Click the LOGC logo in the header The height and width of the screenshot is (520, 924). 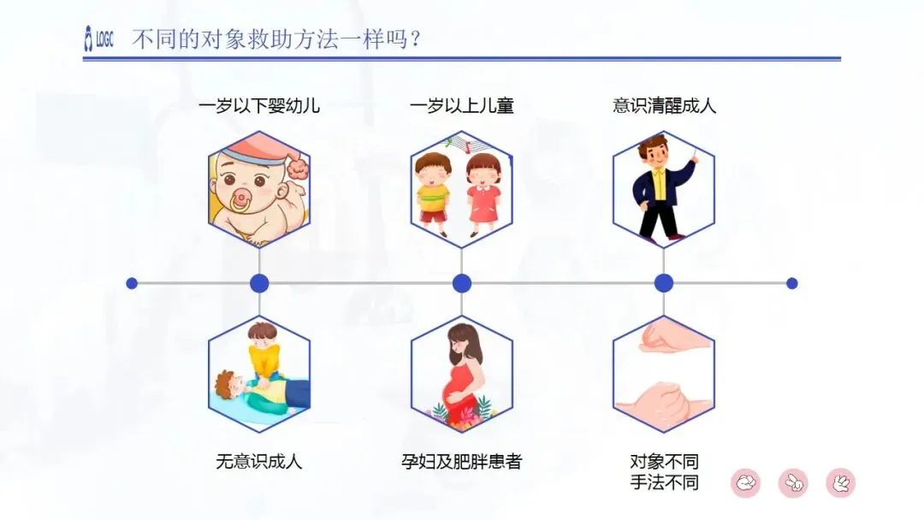click(98, 39)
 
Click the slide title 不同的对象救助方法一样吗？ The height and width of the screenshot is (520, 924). click(277, 39)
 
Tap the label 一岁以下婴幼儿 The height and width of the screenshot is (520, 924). click(259, 106)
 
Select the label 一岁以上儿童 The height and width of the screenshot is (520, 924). click(462, 106)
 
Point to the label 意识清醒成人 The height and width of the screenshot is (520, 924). click(664, 106)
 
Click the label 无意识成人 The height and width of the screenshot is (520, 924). click(259, 462)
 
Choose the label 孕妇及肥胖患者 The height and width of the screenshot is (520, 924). click(462, 462)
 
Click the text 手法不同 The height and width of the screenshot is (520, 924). click(664, 482)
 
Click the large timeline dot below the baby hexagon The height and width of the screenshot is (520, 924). click(259, 283)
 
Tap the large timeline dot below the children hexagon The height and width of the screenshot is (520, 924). click(462, 283)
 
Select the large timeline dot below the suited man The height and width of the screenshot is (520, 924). click(664, 283)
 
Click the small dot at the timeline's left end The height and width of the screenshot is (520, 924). click(132, 283)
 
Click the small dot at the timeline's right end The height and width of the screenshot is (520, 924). click(791, 283)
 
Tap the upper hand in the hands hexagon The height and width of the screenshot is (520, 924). click(672, 335)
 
